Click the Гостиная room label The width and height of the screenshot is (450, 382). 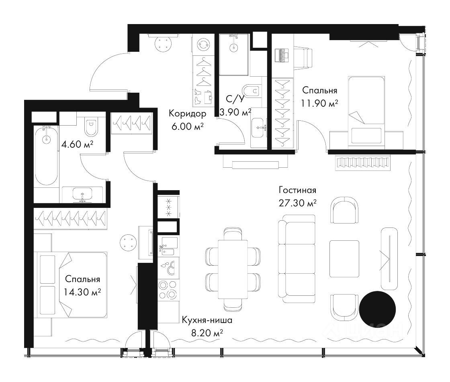(x=297, y=190)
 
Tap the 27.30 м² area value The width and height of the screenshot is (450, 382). (x=297, y=203)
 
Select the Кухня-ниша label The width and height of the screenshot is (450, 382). (x=207, y=320)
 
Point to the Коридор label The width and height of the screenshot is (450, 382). (x=187, y=114)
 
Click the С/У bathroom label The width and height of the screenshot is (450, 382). (x=235, y=99)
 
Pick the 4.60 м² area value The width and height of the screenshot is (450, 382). (x=77, y=144)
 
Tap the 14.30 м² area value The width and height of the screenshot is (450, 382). (x=82, y=292)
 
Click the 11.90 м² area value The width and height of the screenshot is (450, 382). (x=319, y=103)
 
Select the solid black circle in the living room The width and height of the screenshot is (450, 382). (x=377, y=309)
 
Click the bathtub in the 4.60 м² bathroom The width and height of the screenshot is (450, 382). (x=46, y=156)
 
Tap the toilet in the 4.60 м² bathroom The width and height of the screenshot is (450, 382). (x=91, y=126)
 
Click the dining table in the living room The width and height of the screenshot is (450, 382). (x=233, y=269)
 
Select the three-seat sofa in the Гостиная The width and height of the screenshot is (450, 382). (x=297, y=259)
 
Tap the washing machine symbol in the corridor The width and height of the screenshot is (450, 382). (x=203, y=45)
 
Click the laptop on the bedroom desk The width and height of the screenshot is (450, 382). (x=282, y=55)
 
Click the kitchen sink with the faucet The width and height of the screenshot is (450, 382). (x=168, y=246)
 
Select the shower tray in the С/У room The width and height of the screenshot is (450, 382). (x=233, y=55)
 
